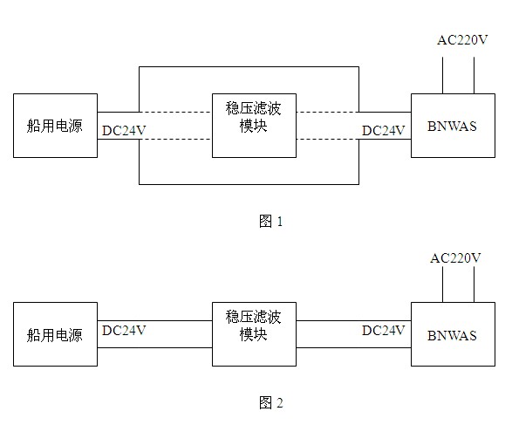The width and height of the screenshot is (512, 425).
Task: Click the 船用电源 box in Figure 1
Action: click(55, 126)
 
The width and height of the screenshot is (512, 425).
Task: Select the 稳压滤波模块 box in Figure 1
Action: click(254, 126)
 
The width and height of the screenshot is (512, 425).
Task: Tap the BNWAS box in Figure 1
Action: click(453, 126)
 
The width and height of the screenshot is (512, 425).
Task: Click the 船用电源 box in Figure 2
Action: click(55, 334)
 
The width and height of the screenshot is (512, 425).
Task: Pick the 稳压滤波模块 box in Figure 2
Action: click(254, 334)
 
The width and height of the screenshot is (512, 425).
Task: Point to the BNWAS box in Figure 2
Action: click(453, 334)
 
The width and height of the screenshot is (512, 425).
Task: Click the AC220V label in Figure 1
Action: click(462, 40)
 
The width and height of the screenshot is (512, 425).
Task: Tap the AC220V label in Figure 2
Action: click(455, 258)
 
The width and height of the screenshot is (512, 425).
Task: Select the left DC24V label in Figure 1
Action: click(124, 131)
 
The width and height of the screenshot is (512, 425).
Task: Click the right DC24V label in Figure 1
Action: click(384, 131)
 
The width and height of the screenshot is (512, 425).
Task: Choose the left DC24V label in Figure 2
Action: click(124, 331)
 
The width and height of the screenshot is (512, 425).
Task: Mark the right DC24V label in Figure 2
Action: click(384, 331)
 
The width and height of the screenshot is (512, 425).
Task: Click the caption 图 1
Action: click(270, 222)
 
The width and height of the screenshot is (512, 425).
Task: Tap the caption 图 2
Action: click(270, 402)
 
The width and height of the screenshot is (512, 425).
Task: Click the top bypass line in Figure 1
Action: click(249, 67)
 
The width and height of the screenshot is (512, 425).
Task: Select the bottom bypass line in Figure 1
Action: click(249, 184)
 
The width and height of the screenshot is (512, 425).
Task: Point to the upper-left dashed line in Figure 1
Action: click(175, 113)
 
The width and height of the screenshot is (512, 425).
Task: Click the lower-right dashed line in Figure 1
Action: click(327, 140)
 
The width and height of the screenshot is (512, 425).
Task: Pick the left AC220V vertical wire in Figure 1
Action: click(443, 75)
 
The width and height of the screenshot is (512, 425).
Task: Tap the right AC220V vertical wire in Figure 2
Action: click(474, 284)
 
